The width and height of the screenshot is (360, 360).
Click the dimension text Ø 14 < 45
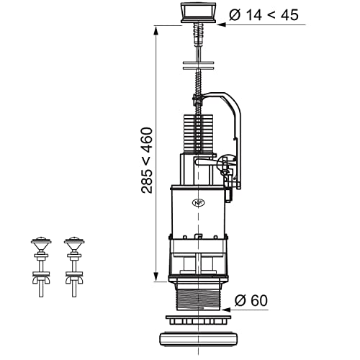(264, 14)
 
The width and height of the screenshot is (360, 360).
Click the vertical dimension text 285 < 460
(147, 161)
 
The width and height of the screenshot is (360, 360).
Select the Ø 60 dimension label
(251, 300)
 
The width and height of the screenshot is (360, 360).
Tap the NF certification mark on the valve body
(198, 203)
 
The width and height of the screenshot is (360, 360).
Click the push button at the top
(198, 13)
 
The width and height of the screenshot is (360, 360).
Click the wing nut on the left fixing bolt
(41, 280)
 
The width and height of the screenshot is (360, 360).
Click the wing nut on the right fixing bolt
(74, 280)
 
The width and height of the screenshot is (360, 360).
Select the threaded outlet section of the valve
(199, 300)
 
